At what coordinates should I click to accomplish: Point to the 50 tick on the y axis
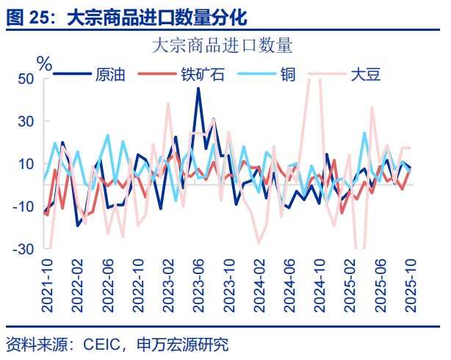coord(25,79)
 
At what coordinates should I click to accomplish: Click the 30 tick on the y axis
coord(25,121)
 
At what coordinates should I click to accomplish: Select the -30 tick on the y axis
coord(22,249)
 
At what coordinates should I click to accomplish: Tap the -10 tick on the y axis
coord(22,206)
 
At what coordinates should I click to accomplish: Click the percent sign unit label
coord(45,64)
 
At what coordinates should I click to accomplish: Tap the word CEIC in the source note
coord(104,344)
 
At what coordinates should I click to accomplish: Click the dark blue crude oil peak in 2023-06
coord(198,90)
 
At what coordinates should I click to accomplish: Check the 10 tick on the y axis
coord(25,164)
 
